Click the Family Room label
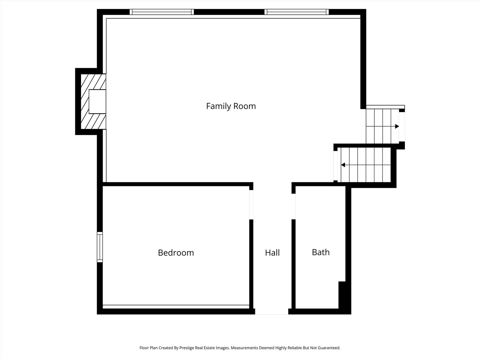[231, 106]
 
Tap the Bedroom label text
[176, 253]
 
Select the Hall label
[272, 253]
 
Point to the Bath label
[321, 252]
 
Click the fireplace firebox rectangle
[97, 101]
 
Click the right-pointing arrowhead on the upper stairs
[397, 126]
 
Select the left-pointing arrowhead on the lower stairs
[343, 165]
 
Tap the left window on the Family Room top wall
[162, 12]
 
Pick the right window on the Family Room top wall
[297, 12]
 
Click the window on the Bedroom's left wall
[100, 247]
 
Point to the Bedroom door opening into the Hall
[251, 205]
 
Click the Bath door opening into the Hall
[293, 207]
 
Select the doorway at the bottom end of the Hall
[272, 311]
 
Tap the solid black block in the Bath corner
[342, 295]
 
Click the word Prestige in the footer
[187, 348]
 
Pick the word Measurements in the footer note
[244, 348]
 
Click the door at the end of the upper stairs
[402, 127]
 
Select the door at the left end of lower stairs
[335, 166]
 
